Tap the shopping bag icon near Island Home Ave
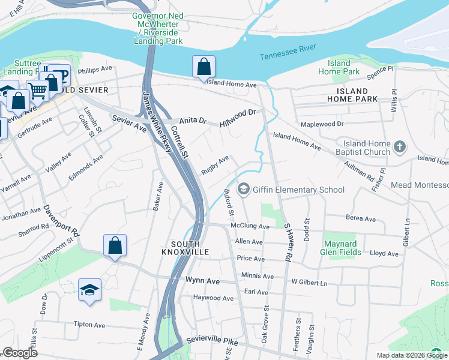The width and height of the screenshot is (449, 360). pos(203,66)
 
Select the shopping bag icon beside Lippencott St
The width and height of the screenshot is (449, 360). pos(115,245)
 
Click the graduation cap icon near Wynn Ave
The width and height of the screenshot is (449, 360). pos(89,290)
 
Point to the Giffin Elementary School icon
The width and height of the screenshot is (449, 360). pos(244,190)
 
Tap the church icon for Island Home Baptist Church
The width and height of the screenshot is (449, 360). pos(400,147)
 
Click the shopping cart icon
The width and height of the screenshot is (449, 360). pos(37,91)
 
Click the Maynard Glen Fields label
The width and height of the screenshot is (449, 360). pos(341,248)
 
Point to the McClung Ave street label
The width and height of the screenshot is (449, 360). pos(250,226)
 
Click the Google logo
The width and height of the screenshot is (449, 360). pos(20,353)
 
